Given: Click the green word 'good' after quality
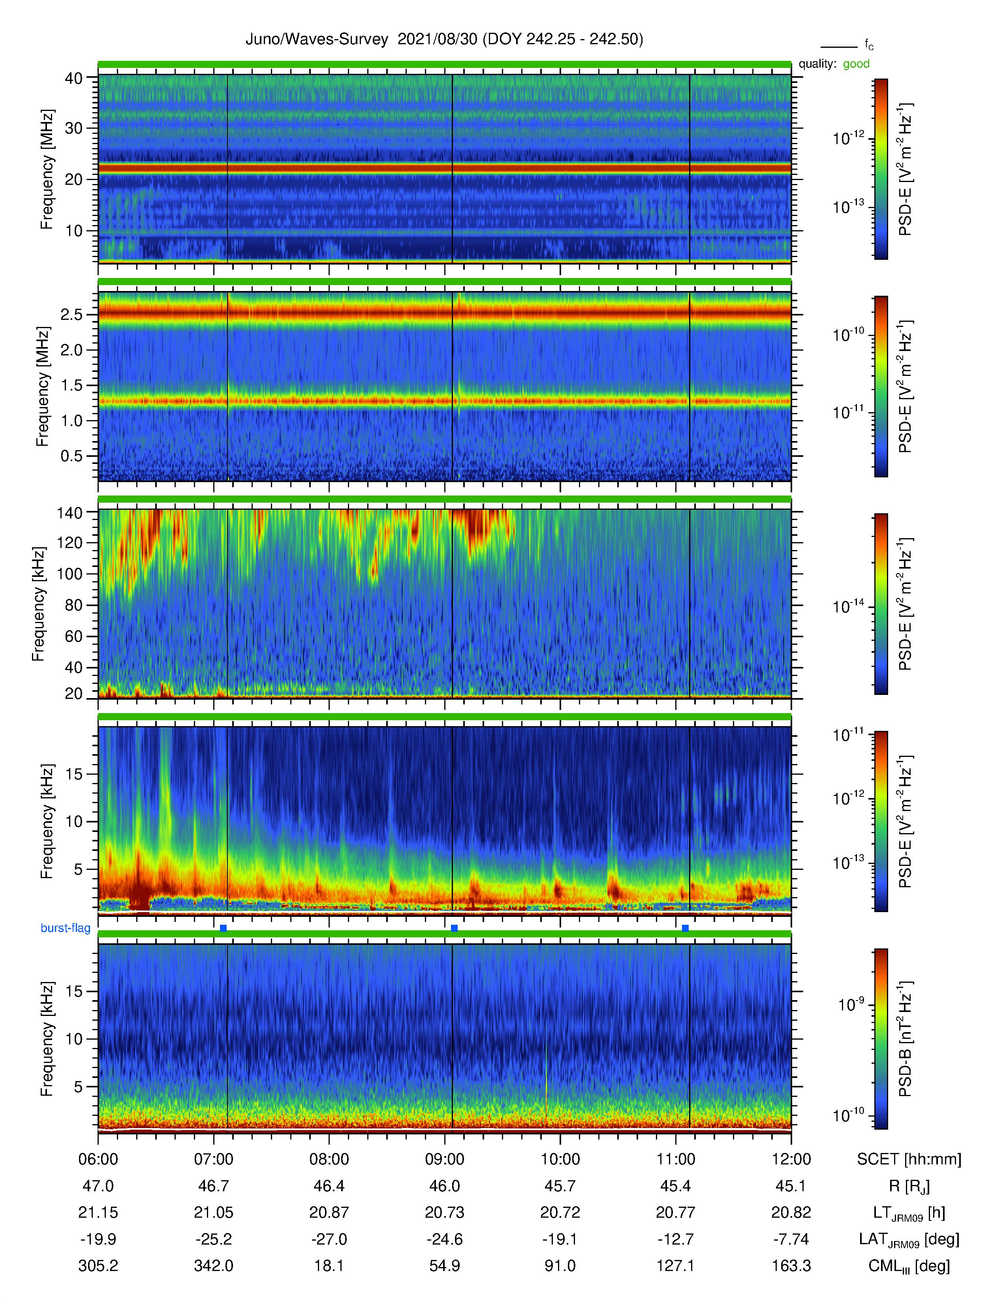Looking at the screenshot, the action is click(856, 64).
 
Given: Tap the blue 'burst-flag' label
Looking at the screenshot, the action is click(66, 928).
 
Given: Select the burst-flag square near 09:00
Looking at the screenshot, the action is click(454, 928).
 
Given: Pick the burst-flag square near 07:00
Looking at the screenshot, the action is click(223, 928).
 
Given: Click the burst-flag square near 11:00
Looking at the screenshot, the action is click(685, 928).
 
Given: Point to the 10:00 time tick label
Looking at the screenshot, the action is click(560, 1159).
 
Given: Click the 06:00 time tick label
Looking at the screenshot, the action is click(98, 1159).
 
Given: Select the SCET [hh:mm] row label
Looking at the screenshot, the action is click(909, 1159).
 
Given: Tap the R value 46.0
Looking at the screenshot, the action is click(444, 1186).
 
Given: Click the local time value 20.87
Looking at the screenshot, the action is click(329, 1212).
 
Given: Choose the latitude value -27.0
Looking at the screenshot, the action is click(329, 1239).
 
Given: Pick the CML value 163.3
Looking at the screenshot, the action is click(791, 1265).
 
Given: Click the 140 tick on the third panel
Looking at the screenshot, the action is click(69, 513).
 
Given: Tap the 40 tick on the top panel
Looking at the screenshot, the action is click(73, 78).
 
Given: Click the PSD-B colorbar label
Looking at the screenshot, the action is click(906, 1039).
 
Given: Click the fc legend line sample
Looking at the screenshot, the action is click(839, 47).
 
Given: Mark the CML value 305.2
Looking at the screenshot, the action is click(98, 1265).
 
